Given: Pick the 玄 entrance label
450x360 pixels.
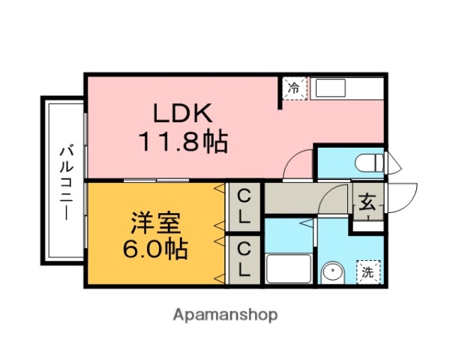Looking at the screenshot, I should coord(367,202).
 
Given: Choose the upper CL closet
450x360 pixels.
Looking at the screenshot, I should coord(244,206).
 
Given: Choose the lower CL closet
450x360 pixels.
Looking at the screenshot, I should coord(244,258).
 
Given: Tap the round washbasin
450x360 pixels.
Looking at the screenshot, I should coord(330,273).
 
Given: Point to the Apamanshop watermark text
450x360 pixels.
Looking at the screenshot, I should coord(226,314).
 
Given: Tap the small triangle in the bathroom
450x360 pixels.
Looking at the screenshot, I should coord(305,223).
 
